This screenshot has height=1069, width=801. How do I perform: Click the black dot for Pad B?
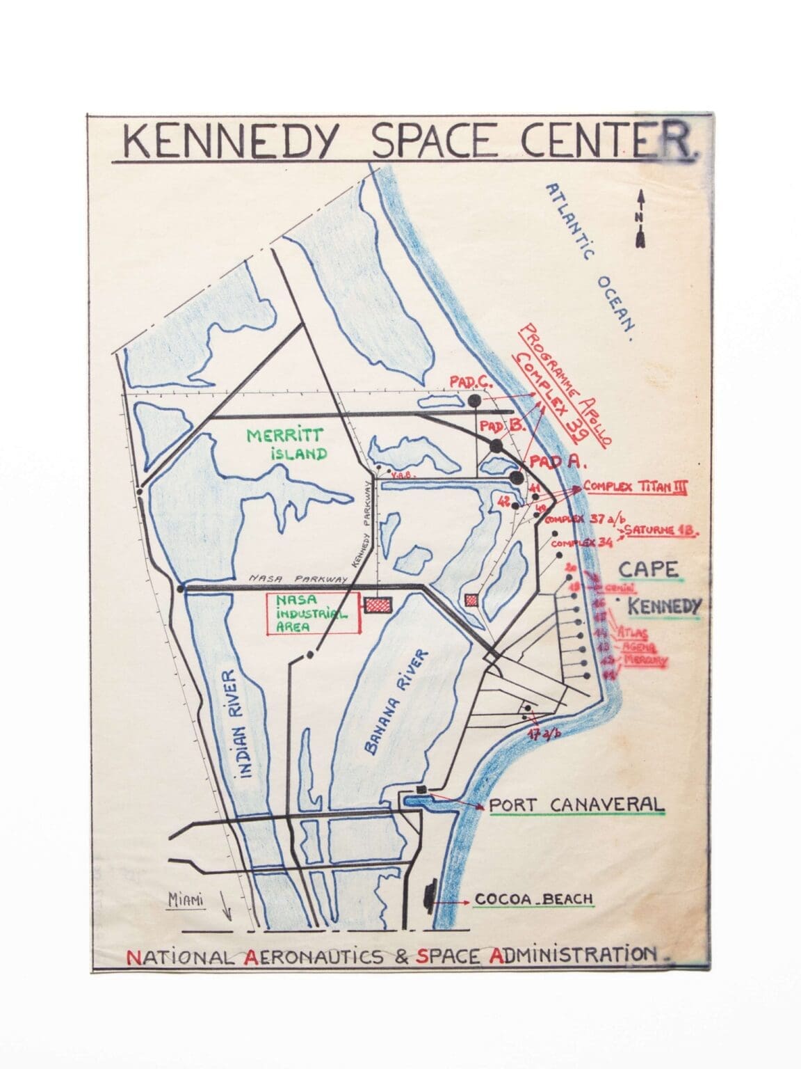pos(496,445)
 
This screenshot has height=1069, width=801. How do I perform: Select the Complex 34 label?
pos(576,543)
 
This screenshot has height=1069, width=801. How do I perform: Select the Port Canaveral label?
pos(576,805)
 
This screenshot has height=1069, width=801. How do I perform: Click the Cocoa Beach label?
pos(534,899)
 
